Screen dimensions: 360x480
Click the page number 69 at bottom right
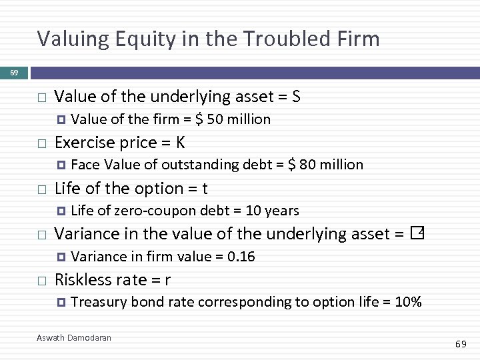tap(461, 344)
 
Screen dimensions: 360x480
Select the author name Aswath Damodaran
tap(74, 338)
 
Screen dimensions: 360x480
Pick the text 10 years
tap(273, 211)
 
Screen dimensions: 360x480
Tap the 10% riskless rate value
tap(408, 302)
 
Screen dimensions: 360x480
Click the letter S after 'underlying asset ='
tap(296, 97)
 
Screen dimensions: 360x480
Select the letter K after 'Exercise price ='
tap(181, 143)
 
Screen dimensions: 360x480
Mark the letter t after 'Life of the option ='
tap(205, 189)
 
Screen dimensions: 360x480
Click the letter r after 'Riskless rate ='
tap(167, 280)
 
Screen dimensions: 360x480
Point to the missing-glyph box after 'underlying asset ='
tap(418, 233)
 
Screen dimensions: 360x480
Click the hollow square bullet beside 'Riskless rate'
tap(41, 281)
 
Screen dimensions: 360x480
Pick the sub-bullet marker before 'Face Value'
tap(61, 165)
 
